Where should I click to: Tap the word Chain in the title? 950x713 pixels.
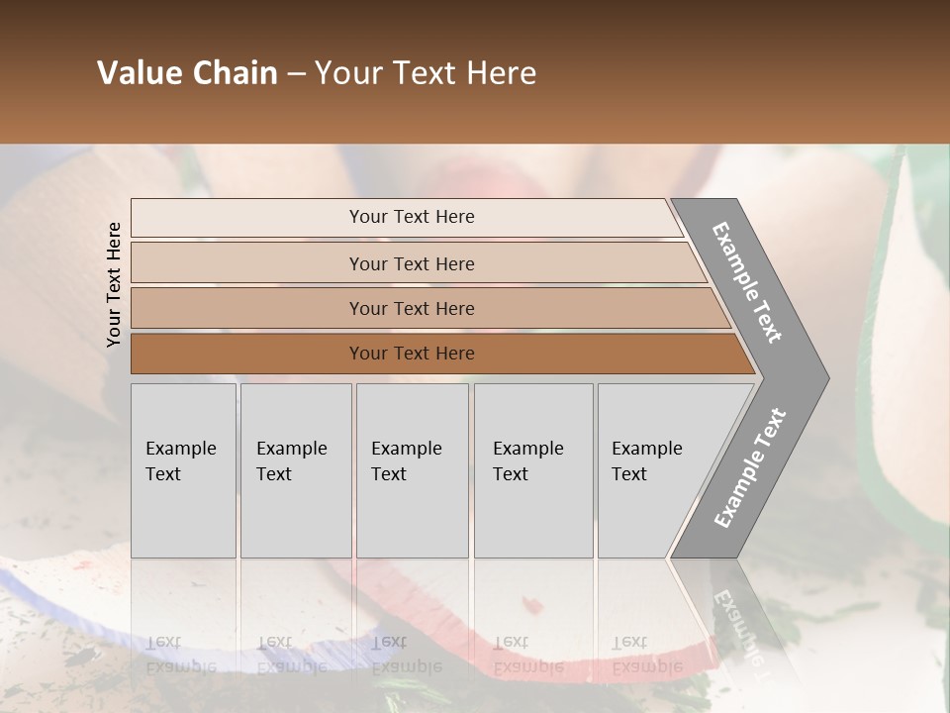click(x=236, y=73)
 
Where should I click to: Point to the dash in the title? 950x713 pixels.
click(x=296, y=74)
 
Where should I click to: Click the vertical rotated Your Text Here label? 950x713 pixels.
click(x=114, y=284)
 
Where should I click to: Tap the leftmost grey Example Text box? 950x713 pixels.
click(x=183, y=470)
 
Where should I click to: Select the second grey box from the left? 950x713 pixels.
click(x=296, y=470)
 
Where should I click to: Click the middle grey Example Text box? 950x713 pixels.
click(x=412, y=470)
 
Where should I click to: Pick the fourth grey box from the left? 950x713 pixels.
click(x=533, y=470)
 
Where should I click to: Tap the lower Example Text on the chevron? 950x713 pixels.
click(x=749, y=468)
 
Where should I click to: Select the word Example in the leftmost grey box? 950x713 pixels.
click(x=180, y=449)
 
